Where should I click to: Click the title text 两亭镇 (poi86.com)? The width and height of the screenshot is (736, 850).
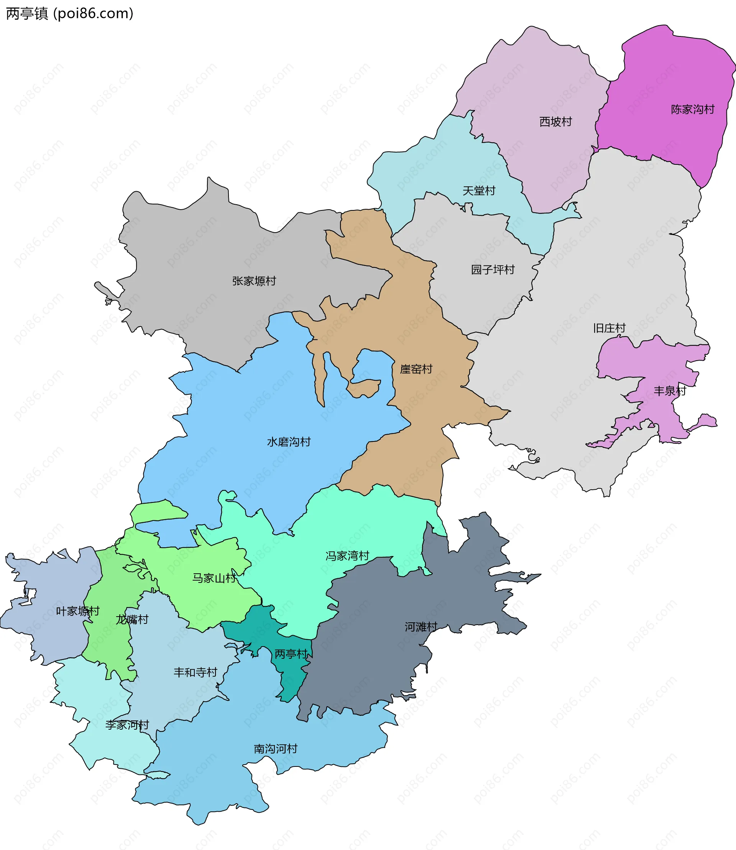click(x=69, y=13)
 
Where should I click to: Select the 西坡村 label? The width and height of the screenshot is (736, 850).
click(x=555, y=121)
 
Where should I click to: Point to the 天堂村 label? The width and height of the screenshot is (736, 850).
click(x=479, y=190)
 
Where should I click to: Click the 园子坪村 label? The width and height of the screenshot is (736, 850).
click(x=493, y=269)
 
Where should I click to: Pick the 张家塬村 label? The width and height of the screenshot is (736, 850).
click(x=254, y=281)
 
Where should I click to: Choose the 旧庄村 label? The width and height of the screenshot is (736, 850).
click(x=609, y=328)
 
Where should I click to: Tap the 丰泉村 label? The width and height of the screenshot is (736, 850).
click(x=670, y=391)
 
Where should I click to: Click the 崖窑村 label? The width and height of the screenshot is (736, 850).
click(x=416, y=369)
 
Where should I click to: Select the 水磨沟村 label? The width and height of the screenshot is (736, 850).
click(x=289, y=442)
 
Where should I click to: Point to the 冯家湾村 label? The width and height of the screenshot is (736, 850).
click(x=347, y=556)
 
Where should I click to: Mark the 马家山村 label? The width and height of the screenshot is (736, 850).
click(x=214, y=578)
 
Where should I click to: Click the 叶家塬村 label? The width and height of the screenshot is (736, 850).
click(x=77, y=611)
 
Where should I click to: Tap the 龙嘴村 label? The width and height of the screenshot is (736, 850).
click(x=132, y=619)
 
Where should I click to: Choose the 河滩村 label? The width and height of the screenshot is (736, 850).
click(x=421, y=627)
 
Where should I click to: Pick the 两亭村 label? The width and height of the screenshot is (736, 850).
click(x=291, y=654)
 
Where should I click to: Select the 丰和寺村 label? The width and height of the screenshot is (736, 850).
click(x=195, y=672)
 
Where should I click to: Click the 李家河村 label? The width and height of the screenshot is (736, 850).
click(x=127, y=725)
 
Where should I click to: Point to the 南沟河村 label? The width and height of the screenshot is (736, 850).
click(x=276, y=748)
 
